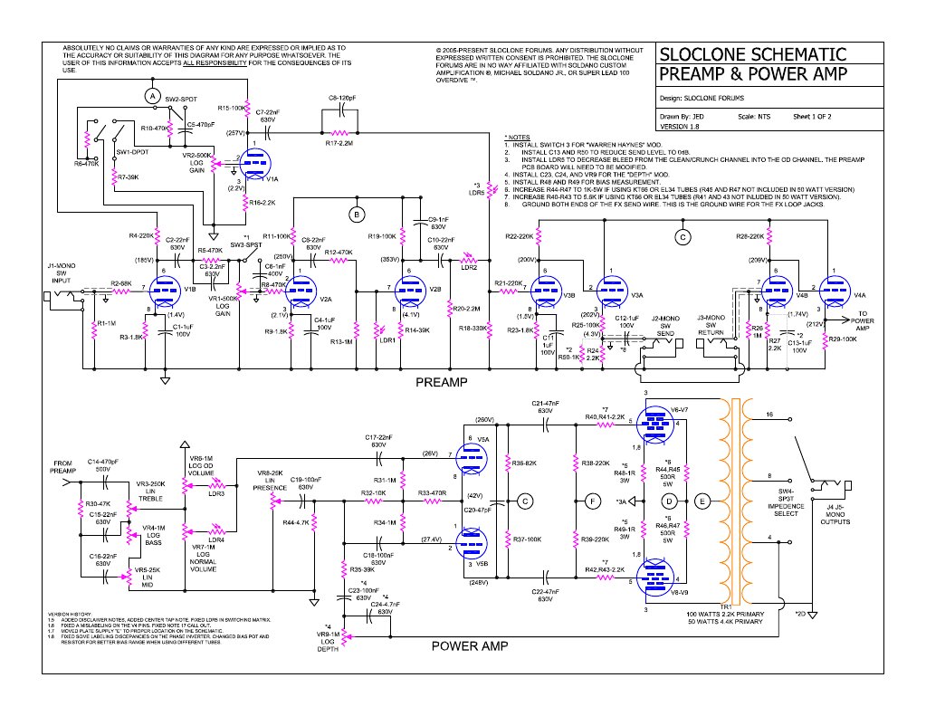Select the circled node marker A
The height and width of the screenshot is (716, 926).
tap(153, 95)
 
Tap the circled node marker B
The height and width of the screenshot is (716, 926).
tap(358, 214)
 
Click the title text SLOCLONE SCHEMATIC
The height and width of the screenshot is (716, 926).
tap(753, 54)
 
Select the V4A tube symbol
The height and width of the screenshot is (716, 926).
tap(831, 292)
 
